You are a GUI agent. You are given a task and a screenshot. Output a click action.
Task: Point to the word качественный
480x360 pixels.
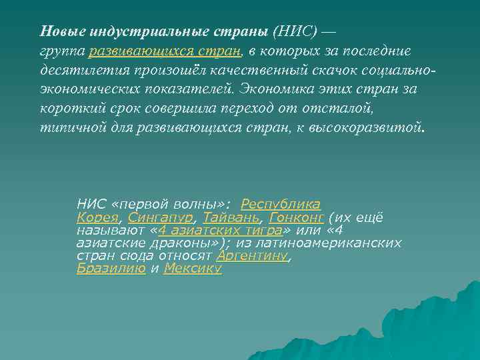coord(249,69)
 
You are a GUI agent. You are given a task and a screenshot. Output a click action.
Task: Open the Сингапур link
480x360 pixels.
coord(161,218)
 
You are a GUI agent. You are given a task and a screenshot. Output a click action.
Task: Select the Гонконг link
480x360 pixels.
coord(297,218)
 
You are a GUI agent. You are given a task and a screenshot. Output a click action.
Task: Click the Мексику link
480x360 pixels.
coord(193,269)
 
